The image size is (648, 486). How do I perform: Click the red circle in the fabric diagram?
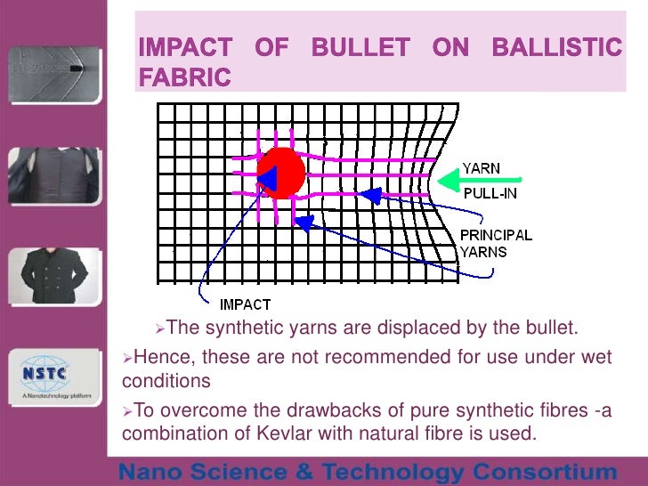(x=281, y=171)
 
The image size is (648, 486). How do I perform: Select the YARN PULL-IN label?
(x=489, y=181)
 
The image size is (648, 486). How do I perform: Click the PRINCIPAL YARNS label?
(x=495, y=243)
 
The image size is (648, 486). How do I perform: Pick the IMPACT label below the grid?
(x=245, y=304)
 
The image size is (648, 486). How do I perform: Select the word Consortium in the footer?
(x=544, y=471)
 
